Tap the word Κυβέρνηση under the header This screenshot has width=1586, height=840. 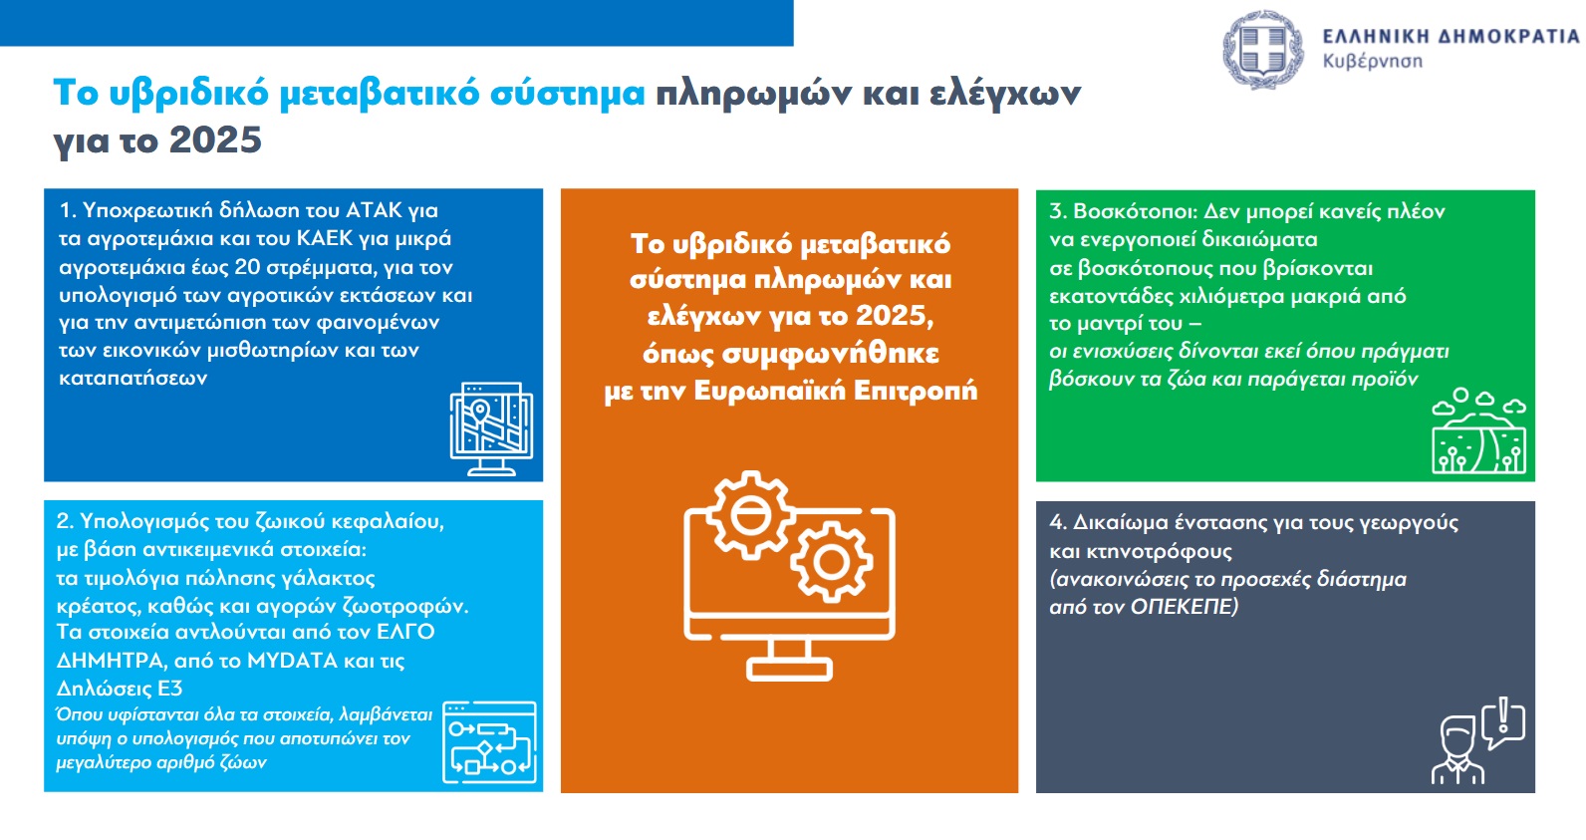[1372, 62]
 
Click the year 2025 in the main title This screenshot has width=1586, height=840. [215, 140]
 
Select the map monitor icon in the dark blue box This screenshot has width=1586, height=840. [491, 429]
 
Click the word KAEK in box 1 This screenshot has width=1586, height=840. [325, 238]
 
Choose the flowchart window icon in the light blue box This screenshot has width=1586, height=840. [489, 742]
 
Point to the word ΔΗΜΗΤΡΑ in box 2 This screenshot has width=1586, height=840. [112, 661]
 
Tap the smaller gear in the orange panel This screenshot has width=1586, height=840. [831, 562]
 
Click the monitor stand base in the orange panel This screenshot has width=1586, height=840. [789, 670]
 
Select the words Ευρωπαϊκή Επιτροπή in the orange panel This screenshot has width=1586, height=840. [836, 391]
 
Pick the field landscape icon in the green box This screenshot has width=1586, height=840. [1478, 430]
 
